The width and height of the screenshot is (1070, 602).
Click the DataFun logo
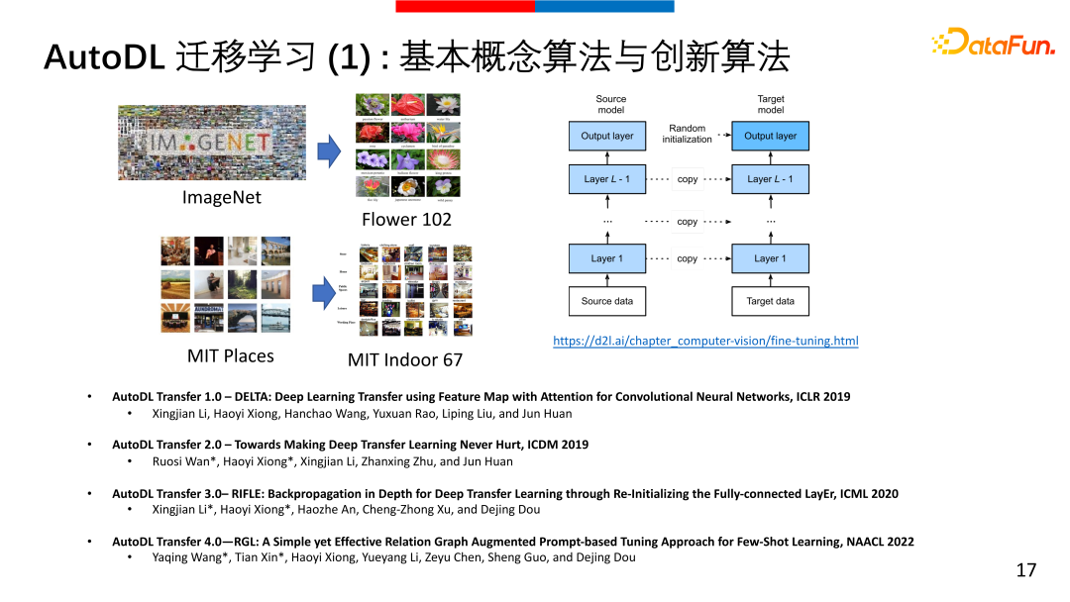pyautogui.click(x=993, y=42)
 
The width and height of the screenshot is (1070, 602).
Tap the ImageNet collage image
pyautogui.click(x=222, y=143)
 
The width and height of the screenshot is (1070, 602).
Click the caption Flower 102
pyautogui.click(x=406, y=219)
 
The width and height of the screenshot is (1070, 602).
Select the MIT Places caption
pyautogui.click(x=231, y=355)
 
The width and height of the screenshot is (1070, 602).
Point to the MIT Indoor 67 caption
pyautogui.click(x=405, y=359)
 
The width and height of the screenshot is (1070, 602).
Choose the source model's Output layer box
pyautogui.click(x=607, y=137)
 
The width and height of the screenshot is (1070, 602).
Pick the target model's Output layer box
pyautogui.click(x=770, y=137)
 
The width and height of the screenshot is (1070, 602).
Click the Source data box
pyautogui.click(x=607, y=301)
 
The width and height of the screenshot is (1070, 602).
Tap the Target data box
pyautogui.click(x=770, y=301)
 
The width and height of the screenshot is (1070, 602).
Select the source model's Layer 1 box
pyautogui.click(x=607, y=258)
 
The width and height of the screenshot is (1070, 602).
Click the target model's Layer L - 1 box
pyautogui.click(x=770, y=179)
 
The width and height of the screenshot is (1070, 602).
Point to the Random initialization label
pyautogui.click(x=688, y=134)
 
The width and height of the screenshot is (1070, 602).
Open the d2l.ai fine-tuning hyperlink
pyautogui.click(x=705, y=341)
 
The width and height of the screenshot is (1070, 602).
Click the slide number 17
pyautogui.click(x=1025, y=570)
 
